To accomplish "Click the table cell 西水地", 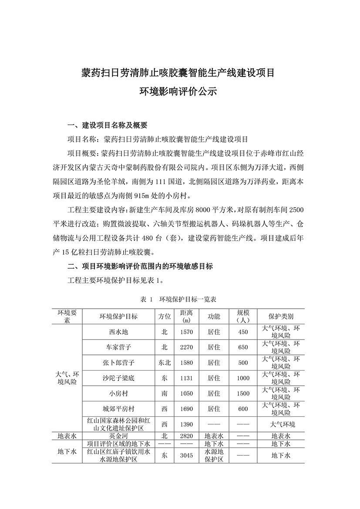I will (x=118, y=332).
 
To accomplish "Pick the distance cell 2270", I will (x=186, y=347).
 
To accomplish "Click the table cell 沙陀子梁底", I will (x=118, y=378).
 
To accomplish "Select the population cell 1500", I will (x=243, y=393).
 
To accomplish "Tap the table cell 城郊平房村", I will (x=118, y=409).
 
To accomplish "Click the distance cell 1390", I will (x=186, y=424).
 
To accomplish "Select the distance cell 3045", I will (x=186, y=455).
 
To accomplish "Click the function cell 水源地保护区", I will (x=214, y=455).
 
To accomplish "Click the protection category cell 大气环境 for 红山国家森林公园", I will (x=281, y=424).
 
